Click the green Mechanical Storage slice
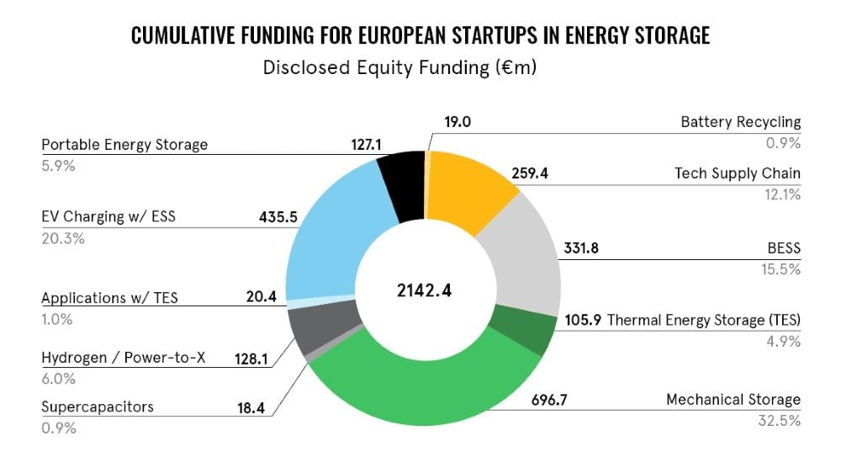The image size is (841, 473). coord(420,396)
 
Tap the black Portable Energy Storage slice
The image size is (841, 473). coord(402,183)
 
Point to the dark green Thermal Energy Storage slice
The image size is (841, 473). coord(522,330)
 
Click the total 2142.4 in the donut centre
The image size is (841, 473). coord(423,291)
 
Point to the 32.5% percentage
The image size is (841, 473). coord(780,419)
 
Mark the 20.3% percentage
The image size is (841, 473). coord(59,238)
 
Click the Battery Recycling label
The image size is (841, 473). coord(740,123)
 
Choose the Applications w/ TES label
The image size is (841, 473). coord(109,298)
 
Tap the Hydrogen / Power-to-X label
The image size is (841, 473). coord(122,358)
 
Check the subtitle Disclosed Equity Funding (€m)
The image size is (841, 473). coord(399,68)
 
